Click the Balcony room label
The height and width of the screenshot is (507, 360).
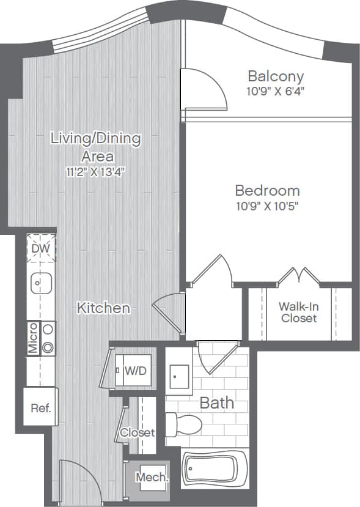click(276, 76)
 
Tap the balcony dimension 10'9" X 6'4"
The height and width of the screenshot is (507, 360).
click(276, 92)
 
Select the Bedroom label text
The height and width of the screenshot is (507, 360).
click(268, 190)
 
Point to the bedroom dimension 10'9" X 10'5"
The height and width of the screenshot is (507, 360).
click(268, 205)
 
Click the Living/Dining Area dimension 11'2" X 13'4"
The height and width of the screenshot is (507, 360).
click(95, 172)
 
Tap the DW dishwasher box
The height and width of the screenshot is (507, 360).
click(42, 250)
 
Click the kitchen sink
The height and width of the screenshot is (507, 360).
click(40, 283)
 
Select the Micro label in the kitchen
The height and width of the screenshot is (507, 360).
click(33, 338)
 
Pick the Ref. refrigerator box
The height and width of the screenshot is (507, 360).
click(41, 407)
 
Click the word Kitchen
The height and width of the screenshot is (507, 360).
click(103, 308)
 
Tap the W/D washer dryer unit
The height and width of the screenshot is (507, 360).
click(135, 370)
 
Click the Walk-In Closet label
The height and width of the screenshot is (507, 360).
click(299, 312)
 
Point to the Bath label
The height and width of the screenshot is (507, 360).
click(217, 402)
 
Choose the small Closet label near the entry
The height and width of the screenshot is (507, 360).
click(137, 432)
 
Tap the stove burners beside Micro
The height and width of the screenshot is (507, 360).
click(48, 338)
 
